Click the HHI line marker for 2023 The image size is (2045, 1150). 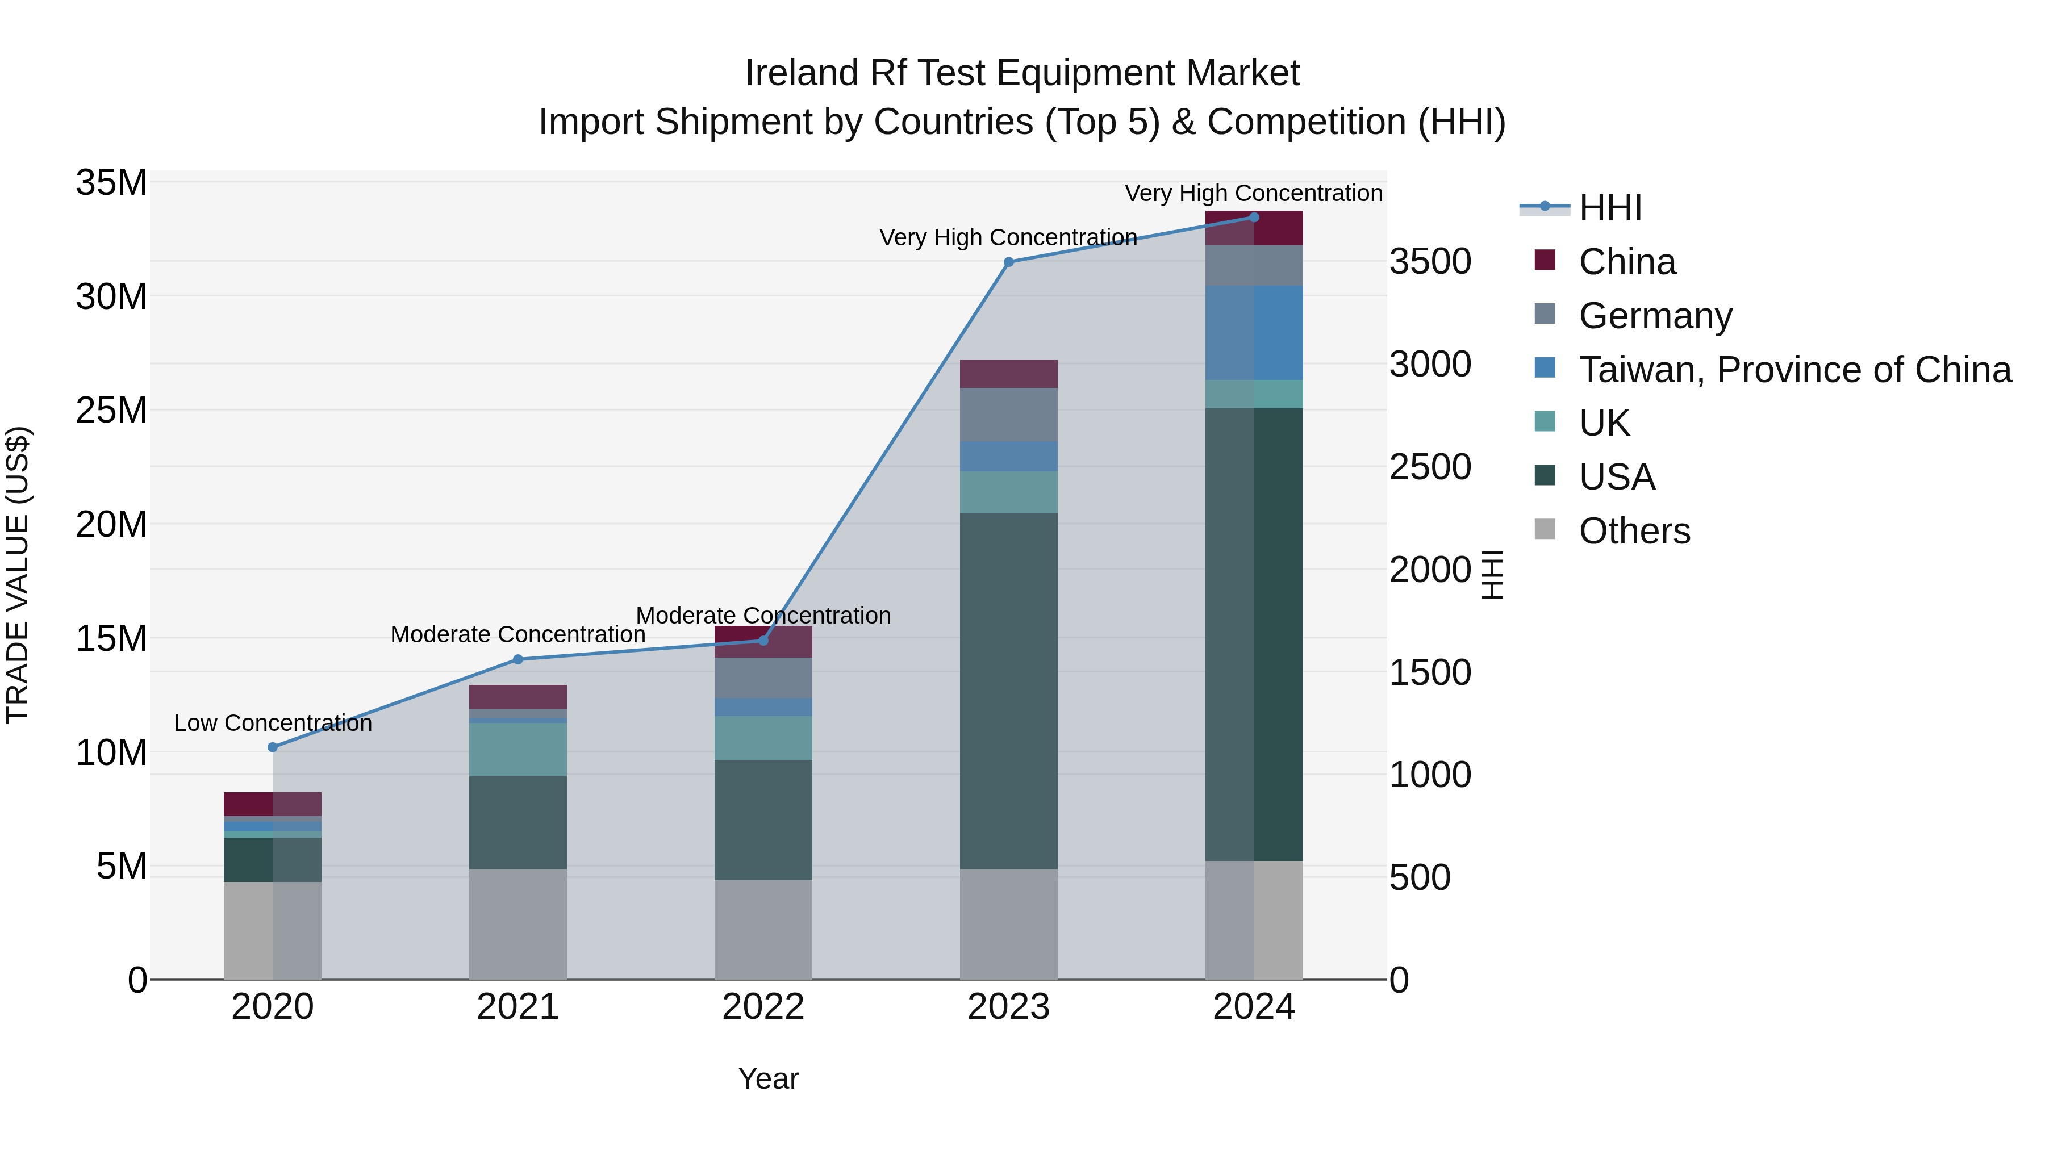click(x=1008, y=262)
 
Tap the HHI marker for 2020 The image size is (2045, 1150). click(x=272, y=747)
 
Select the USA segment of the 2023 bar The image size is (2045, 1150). click(x=1008, y=691)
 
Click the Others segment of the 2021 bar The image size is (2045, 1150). click(x=517, y=924)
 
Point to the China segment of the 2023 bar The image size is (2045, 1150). click(x=1008, y=374)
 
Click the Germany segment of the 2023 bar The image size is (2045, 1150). click(x=1008, y=415)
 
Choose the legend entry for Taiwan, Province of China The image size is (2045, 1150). click(x=1794, y=370)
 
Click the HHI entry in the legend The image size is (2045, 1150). click(x=1610, y=208)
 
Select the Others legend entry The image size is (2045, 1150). click(x=1634, y=531)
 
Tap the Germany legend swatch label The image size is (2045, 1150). click(x=1655, y=316)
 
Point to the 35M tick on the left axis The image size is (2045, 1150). click(x=111, y=182)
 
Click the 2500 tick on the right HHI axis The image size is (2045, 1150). click(x=1430, y=467)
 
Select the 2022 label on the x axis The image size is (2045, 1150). click(x=763, y=1007)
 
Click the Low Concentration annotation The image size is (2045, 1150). click(x=272, y=723)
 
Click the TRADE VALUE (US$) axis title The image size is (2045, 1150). click(x=18, y=575)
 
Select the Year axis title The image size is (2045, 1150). click(x=767, y=1078)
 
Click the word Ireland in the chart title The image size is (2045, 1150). click(x=801, y=73)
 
